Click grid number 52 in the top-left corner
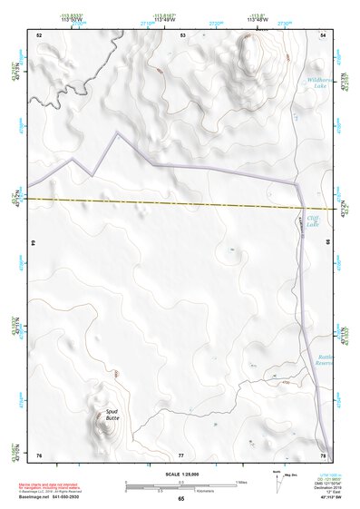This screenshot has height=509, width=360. click(39, 34)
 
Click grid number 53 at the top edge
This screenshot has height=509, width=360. click(183, 34)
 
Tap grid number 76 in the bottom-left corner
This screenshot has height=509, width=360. click(39, 453)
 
